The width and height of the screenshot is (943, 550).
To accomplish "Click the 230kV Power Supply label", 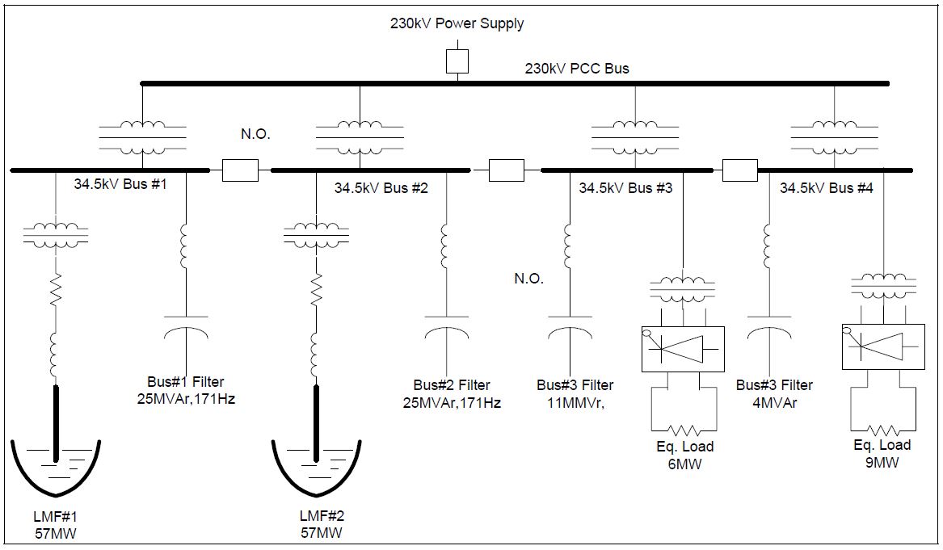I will point(457,23).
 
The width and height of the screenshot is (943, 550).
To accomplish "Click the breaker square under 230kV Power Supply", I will point(457,61).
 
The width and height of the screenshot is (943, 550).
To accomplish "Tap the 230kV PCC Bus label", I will point(577,68).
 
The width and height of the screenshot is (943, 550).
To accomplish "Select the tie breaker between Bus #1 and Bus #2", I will point(240,170).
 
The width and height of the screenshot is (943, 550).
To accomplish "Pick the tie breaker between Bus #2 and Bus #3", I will point(507,170).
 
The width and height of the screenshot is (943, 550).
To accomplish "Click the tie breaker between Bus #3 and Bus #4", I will point(739,170).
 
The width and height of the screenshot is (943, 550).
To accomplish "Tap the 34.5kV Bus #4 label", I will point(827,188).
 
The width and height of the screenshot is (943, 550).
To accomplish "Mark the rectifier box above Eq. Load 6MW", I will point(683,349).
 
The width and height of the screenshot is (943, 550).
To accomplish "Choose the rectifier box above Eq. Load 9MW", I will point(883,346).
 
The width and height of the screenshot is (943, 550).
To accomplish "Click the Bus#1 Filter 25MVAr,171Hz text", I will point(187,391).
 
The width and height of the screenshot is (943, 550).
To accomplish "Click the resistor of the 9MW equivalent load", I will point(883,430).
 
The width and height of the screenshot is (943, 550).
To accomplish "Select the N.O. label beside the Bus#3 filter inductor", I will point(529,279).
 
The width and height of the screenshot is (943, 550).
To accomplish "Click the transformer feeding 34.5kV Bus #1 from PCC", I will point(142,138).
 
